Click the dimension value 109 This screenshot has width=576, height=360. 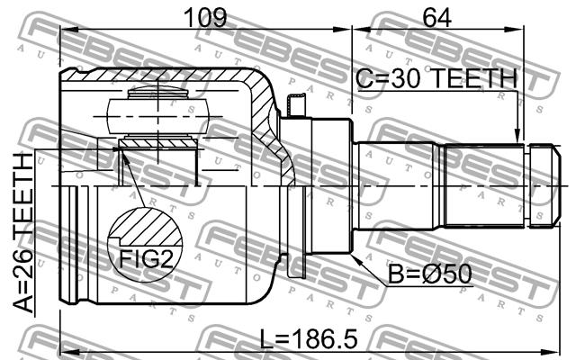[x=205, y=17]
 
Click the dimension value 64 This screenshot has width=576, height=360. [x=436, y=17]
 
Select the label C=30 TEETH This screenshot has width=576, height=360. [x=436, y=78]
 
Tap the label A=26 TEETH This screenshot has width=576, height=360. [x=22, y=233]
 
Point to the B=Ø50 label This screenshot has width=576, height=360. [x=430, y=274]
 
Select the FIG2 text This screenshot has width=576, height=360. [x=146, y=259]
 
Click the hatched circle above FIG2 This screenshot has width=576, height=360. [x=146, y=245]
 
